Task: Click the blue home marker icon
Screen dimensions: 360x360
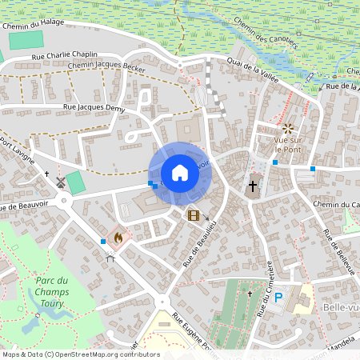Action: pyautogui.click(x=180, y=173)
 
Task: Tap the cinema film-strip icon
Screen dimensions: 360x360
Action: pyautogui.click(x=193, y=214)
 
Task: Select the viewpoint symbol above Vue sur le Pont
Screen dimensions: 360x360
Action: pyautogui.click(x=287, y=129)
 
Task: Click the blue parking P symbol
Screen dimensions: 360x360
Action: pyautogui.click(x=278, y=298)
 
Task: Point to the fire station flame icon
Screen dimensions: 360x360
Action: pyautogui.click(x=118, y=238)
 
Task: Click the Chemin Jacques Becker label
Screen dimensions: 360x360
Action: pyautogui.click(x=106, y=67)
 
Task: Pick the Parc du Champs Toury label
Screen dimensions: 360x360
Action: pyautogui.click(x=53, y=292)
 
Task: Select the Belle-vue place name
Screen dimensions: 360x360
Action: pyautogui.click(x=336, y=306)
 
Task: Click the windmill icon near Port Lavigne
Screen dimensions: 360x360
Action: pyautogui.click(x=58, y=182)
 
